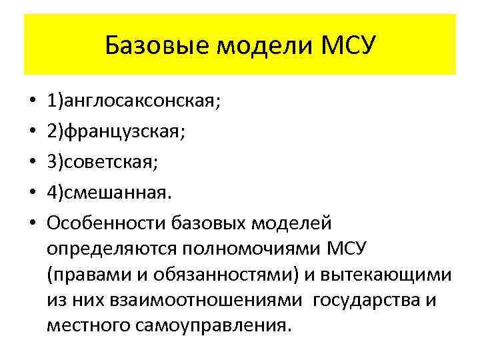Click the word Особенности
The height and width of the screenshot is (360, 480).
106,221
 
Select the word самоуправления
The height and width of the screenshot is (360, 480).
220,327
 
